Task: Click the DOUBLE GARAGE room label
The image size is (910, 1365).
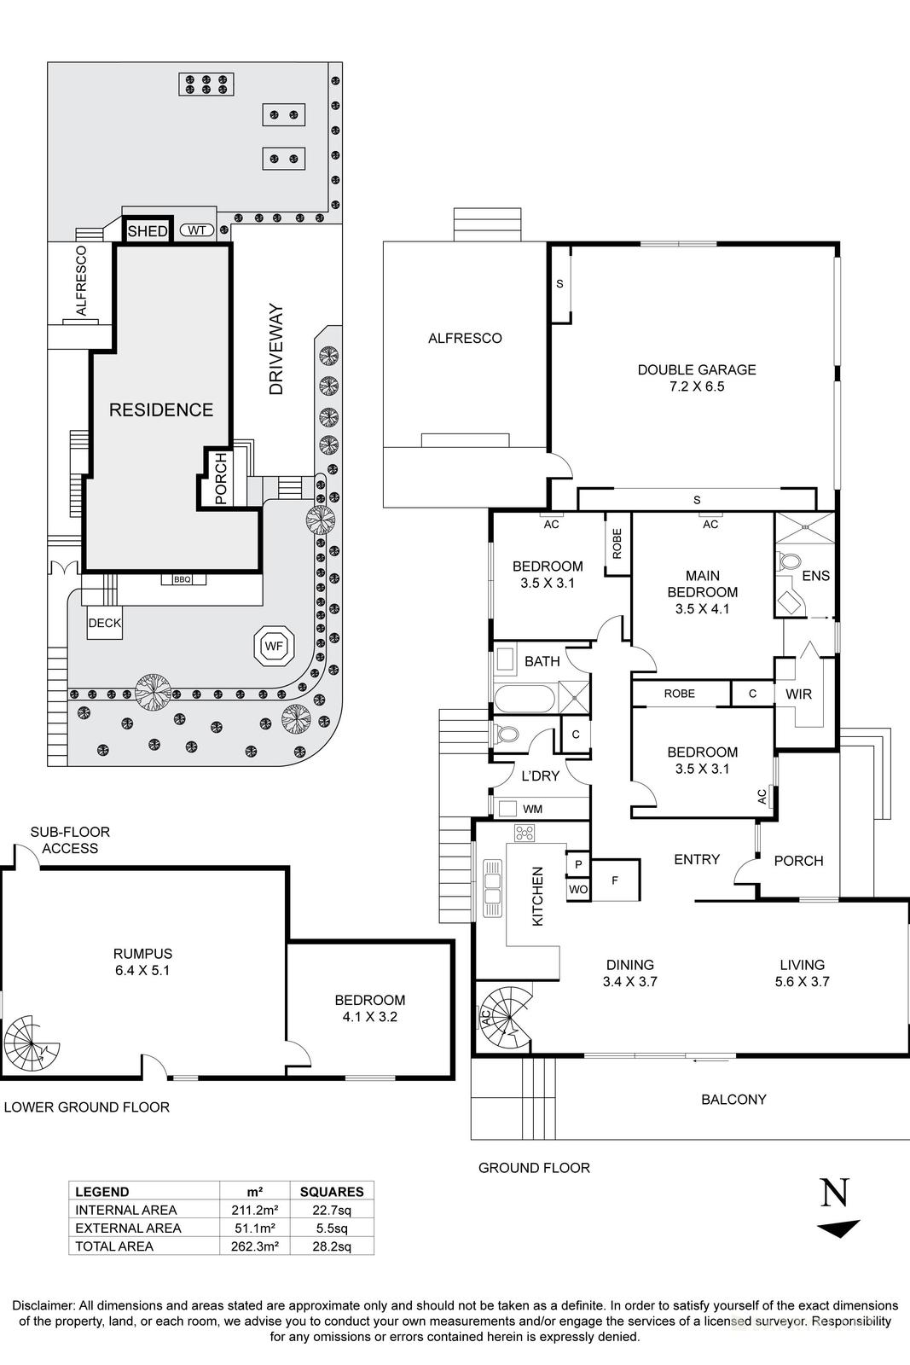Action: pos(697,377)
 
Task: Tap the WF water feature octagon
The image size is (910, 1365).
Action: pos(273,647)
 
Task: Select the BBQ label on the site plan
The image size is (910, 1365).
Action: pos(183,579)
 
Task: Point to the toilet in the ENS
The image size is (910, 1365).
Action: pos(788,564)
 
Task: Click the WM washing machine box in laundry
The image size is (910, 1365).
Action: pos(509,809)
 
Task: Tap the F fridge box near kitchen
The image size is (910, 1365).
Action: pos(614,879)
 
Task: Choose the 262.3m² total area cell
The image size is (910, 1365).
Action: pos(254,1246)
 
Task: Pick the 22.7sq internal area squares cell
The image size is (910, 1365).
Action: pos(332,1210)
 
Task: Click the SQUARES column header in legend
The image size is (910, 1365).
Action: pos(332,1192)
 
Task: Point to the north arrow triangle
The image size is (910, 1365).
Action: pos(839,1229)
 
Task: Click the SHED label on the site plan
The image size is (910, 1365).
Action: pos(148,231)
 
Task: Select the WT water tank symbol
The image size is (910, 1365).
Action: pos(197,230)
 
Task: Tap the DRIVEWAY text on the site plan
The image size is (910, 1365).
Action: pos(275,349)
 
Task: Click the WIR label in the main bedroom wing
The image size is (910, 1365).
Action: pos(798,694)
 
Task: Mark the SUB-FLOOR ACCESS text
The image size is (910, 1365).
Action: pos(70,839)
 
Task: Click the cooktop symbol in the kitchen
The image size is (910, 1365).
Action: pos(524,833)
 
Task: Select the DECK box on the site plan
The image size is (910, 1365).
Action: pos(105,624)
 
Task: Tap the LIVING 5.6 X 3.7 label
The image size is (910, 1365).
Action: pos(802,973)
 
